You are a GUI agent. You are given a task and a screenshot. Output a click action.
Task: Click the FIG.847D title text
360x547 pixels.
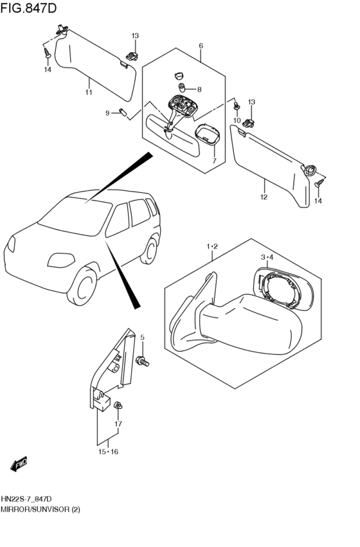28,8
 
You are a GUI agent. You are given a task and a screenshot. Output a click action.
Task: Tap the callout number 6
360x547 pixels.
201,46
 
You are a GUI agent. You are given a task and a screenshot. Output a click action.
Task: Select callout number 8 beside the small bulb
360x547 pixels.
199,89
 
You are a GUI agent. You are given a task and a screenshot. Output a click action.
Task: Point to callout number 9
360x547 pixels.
108,113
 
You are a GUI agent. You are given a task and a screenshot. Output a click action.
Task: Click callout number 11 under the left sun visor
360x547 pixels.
89,92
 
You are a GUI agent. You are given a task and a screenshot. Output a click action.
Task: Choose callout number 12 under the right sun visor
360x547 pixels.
264,197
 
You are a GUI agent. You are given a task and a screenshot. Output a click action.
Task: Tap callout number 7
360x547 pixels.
214,161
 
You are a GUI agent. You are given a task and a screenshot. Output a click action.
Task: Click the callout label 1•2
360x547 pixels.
212,247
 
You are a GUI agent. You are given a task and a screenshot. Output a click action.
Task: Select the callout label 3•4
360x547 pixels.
267,258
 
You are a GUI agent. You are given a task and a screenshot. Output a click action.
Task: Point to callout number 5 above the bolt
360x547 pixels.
142,337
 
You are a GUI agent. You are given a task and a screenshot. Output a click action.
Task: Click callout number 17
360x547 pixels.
118,424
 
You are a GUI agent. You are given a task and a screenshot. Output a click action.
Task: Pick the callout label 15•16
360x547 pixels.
108,452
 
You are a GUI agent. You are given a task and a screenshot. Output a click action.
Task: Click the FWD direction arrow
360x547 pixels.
19,464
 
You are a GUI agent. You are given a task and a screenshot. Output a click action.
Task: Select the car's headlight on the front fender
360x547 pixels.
61,260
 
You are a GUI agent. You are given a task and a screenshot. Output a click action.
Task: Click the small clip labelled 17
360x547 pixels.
118,405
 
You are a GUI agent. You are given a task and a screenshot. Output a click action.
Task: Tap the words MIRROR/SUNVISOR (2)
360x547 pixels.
40,509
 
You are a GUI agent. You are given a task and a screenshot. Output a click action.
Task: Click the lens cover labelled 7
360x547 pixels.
208,134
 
